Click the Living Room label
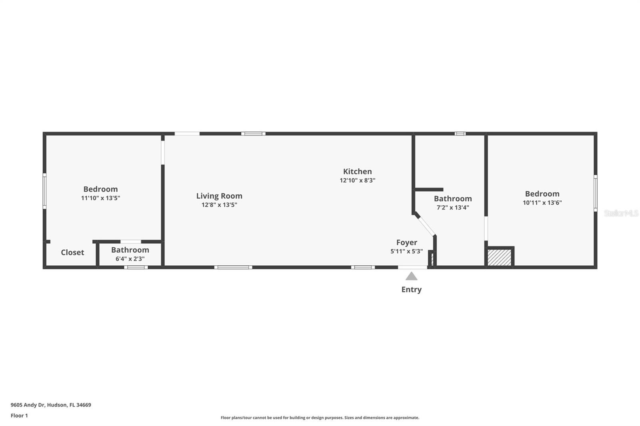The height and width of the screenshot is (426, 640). click(219, 196)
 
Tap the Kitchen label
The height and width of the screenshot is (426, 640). click(357, 171)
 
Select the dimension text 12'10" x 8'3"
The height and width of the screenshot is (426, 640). click(357, 180)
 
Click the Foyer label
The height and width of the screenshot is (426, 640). click(406, 243)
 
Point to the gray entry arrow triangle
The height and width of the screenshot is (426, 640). click(411, 276)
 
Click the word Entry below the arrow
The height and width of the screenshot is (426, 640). click(411, 289)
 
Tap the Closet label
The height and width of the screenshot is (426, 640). click(72, 253)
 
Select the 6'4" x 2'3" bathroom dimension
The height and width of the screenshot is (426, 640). click(130, 259)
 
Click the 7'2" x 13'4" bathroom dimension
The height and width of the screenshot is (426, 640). click(452, 207)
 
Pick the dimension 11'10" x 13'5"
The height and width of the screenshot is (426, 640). click(100, 198)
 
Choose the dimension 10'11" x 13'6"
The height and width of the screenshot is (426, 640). click(542, 203)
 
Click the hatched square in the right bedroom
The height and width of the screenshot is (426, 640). click(499, 257)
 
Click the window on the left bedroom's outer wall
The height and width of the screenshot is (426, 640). click(44, 191)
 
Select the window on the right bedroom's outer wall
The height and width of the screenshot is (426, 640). click(595, 193)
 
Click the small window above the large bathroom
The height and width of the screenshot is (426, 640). click(460, 133)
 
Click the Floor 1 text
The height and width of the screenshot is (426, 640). click(19, 416)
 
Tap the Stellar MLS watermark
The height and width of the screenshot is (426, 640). click(621, 213)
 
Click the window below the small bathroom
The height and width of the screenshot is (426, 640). click(136, 267)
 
